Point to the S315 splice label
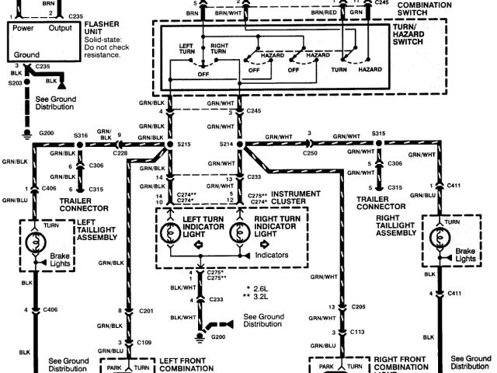pyautogui.click(x=379, y=134)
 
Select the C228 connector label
pyautogui.click(x=120, y=153)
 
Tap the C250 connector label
pyautogui.click(x=309, y=153)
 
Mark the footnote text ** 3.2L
pyautogui.click(x=257, y=297)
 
